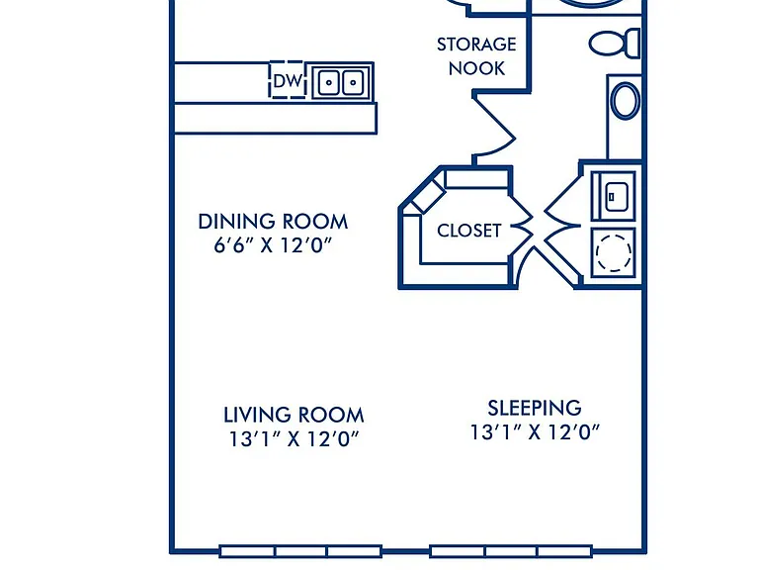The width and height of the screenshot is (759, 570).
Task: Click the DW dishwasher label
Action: pyautogui.click(x=288, y=81)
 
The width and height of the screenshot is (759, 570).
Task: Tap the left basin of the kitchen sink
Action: pyautogui.click(x=329, y=82)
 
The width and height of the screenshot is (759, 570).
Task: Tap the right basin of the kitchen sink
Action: pyautogui.click(x=353, y=82)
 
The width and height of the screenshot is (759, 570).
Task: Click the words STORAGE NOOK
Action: pyautogui.click(x=476, y=56)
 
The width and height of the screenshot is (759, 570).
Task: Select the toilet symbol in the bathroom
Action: pyautogui.click(x=615, y=44)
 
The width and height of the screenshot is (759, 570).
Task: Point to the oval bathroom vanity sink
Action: pyautogui.click(x=625, y=101)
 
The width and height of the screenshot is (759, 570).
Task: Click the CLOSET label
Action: pyautogui.click(x=469, y=231)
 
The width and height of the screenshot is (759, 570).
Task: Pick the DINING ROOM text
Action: pyautogui.click(x=273, y=222)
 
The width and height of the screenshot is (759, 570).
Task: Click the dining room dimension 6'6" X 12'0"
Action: pyautogui.click(x=273, y=245)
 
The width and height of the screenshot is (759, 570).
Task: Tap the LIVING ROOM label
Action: pyautogui.click(x=294, y=415)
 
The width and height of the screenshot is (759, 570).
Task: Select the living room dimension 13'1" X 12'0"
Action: pyautogui.click(x=294, y=439)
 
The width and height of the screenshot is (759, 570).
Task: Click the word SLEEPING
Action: pyautogui.click(x=535, y=408)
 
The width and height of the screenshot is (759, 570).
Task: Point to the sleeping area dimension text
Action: pyautogui.click(x=535, y=431)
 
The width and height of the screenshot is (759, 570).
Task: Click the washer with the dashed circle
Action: pyautogui.click(x=614, y=252)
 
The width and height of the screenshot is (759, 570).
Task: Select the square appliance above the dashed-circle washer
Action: pyautogui.click(x=614, y=196)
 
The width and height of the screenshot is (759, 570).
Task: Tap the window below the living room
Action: pyautogui.click(x=300, y=551)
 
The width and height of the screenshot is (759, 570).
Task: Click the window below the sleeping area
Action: pyautogui.click(x=511, y=551)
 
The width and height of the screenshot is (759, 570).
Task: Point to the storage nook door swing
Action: pyautogui.click(x=494, y=127)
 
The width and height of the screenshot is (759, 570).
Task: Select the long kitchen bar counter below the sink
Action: pyautogui.click(x=275, y=118)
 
